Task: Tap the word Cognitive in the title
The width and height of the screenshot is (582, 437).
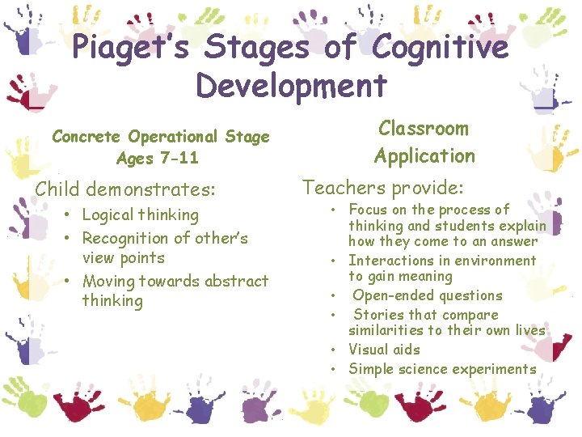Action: tap(437, 48)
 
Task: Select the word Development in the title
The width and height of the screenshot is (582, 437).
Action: tap(291, 84)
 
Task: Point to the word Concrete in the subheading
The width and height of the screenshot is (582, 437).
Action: tap(87, 137)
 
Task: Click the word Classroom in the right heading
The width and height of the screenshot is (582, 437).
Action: tap(424, 129)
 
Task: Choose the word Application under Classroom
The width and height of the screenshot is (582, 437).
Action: tap(424, 155)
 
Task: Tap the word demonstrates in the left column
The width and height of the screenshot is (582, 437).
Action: tap(150, 189)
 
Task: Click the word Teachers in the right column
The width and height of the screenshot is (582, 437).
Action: tap(343, 188)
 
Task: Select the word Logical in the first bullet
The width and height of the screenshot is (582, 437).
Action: tap(108, 214)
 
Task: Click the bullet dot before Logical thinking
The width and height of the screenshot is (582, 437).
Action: tap(70, 215)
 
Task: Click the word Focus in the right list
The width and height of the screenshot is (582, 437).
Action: tap(368, 210)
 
